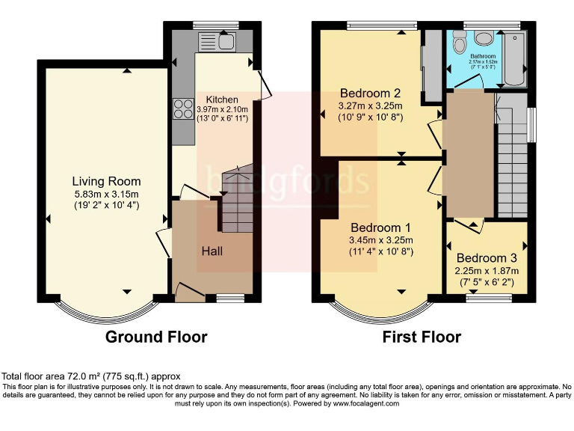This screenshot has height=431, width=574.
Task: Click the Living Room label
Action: click(x=106, y=181)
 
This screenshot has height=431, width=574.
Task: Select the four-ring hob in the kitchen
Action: click(x=181, y=109)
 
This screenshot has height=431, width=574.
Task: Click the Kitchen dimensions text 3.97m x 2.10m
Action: click(x=221, y=109)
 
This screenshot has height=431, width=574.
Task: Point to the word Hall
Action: click(x=212, y=251)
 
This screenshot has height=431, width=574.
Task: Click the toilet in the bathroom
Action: click(x=481, y=40)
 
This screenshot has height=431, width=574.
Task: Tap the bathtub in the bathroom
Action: click(x=516, y=57)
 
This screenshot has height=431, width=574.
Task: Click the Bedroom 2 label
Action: click(x=370, y=94)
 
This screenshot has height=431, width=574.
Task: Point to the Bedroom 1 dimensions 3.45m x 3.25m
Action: click(x=380, y=240)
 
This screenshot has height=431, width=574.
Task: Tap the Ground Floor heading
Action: click(x=155, y=337)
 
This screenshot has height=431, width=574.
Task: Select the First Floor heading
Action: click(x=422, y=337)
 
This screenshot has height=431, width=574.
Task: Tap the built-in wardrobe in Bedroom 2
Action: click(x=431, y=67)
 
